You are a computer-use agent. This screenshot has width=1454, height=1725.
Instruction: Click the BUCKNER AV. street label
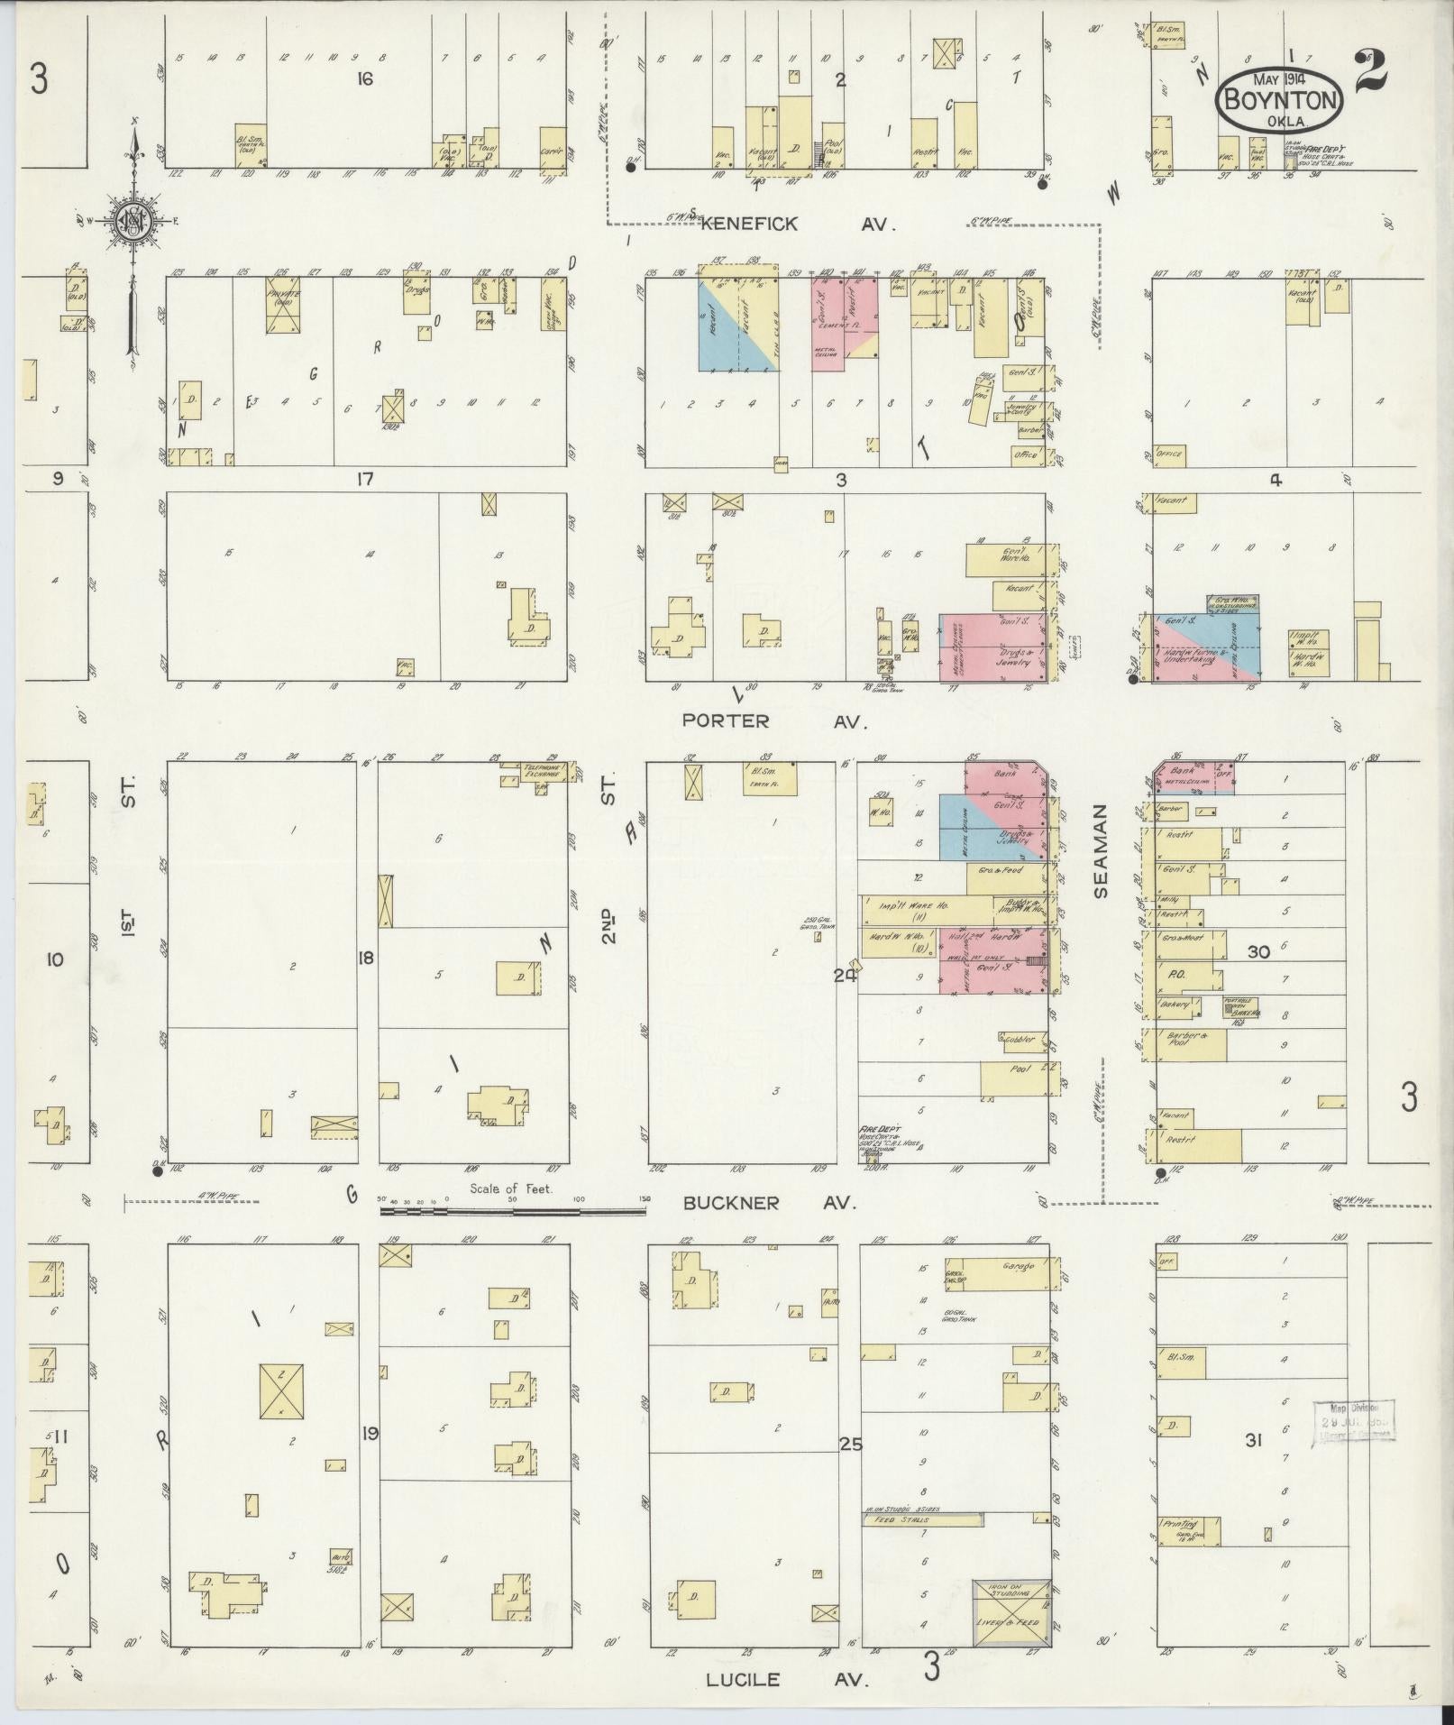coord(768,1203)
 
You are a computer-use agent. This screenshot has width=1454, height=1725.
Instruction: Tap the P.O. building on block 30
coord(1184,977)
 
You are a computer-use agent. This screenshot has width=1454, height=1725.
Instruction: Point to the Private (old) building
coord(282,302)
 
